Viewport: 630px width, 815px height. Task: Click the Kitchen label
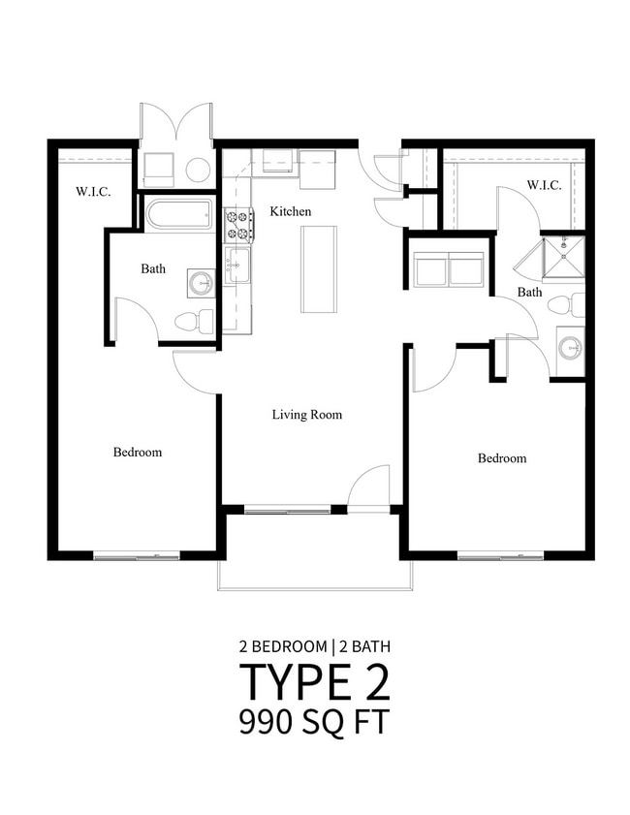click(290, 211)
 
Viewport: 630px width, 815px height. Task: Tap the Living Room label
click(306, 415)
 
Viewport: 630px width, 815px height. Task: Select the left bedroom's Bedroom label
click(138, 452)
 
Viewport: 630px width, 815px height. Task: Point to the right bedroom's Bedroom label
click(502, 458)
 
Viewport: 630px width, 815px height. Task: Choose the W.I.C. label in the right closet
click(544, 184)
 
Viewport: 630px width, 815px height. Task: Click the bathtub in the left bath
click(179, 214)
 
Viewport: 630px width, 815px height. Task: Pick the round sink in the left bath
click(201, 283)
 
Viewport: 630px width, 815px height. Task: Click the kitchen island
click(318, 268)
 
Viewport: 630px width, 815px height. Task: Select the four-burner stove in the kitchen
click(238, 226)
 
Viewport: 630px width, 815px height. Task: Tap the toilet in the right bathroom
click(567, 305)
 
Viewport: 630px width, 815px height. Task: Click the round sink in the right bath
click(570, 346)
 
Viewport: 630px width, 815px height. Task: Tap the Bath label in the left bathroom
click(153, 268)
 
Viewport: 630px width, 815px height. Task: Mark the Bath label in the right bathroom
click(529, 292)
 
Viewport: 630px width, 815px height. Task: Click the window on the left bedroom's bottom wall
click(137, 556)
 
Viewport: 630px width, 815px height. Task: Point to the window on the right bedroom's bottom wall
click(500, 556)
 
